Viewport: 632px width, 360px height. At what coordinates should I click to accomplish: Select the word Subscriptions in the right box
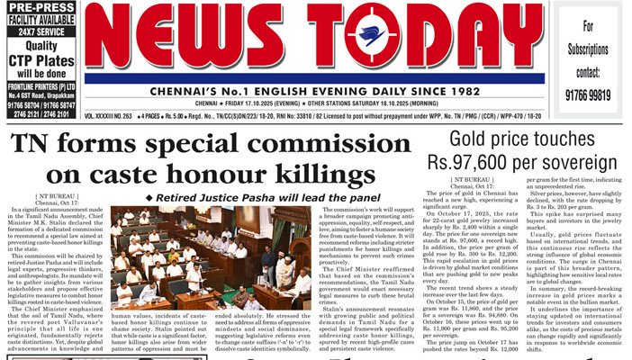[589, 48]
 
